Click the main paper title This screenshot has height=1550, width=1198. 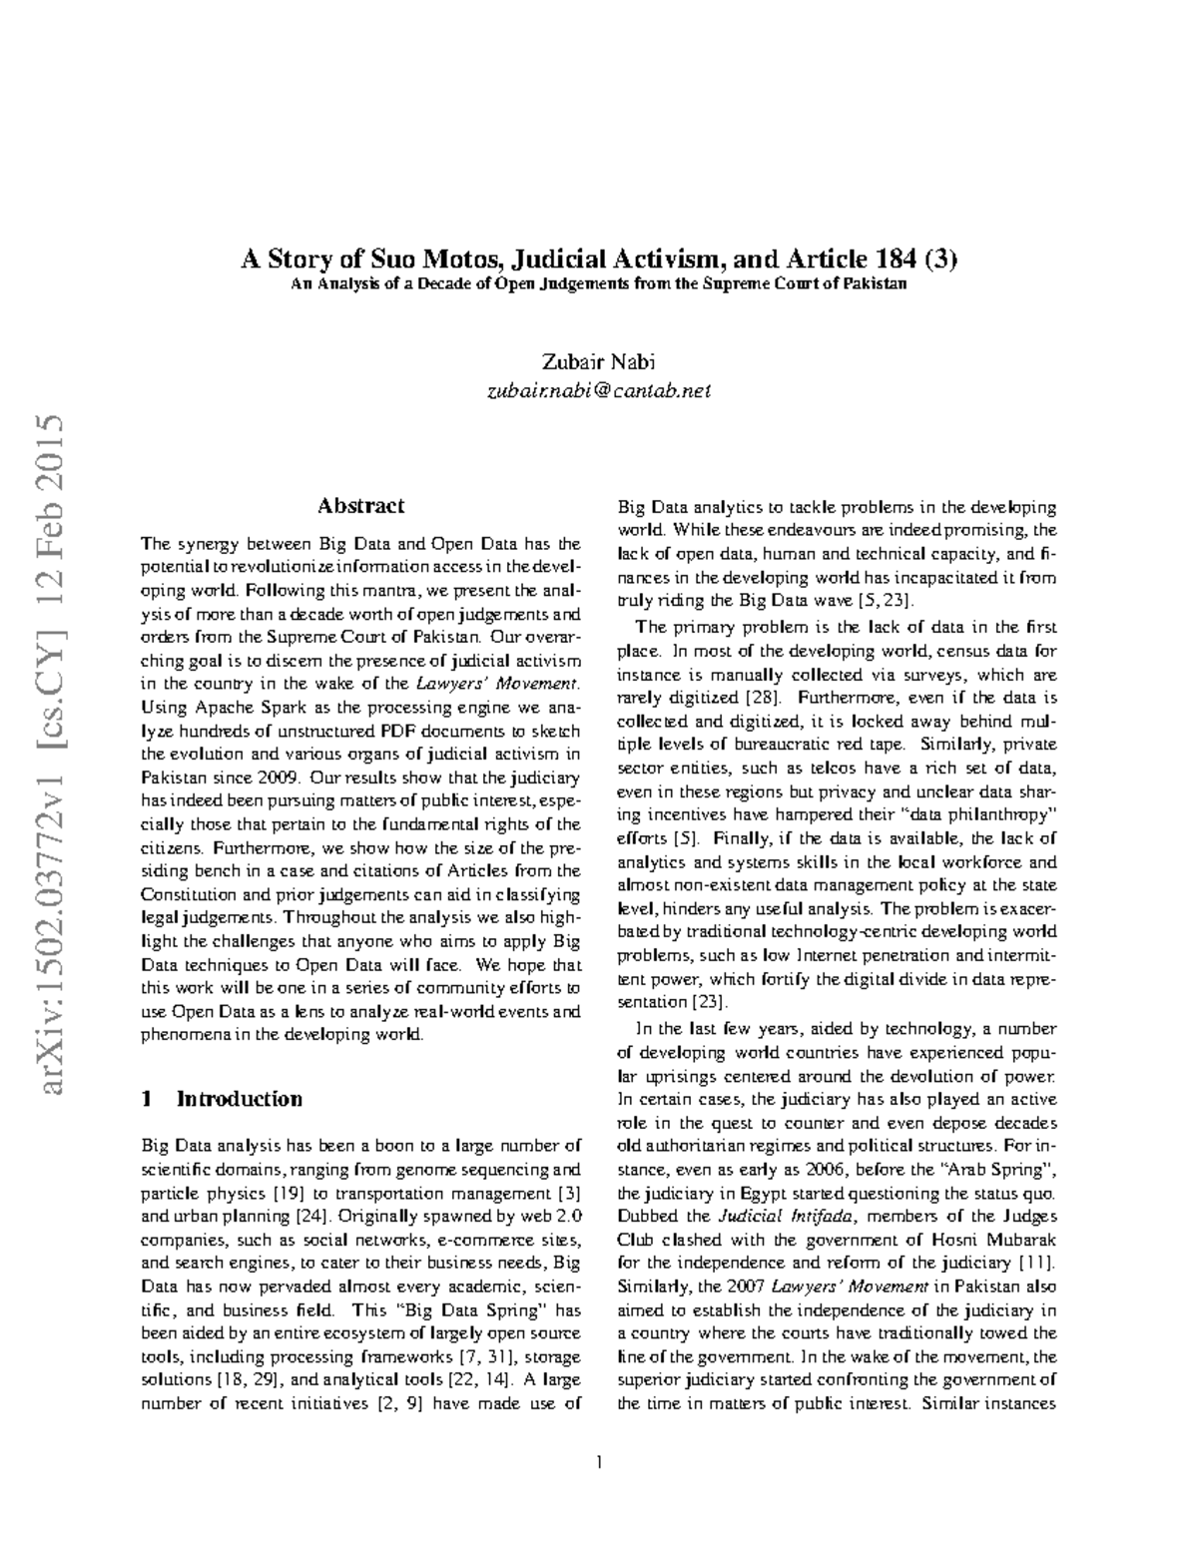[x=599, y=260]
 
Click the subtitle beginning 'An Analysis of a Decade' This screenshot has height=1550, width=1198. [x=599, y=284]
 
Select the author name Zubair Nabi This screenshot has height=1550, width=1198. [x=598, y=361]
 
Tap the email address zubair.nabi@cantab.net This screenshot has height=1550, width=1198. [x=598, y=391]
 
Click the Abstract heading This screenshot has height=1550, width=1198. [x=360, y=506]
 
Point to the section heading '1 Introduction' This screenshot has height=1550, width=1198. [x=223, y=1099]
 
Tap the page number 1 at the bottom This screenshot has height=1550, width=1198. [x=599, y=1463]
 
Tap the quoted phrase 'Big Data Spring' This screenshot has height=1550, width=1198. [x=472, y=1310]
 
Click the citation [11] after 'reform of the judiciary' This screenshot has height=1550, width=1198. [x=1036, y=1264]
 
